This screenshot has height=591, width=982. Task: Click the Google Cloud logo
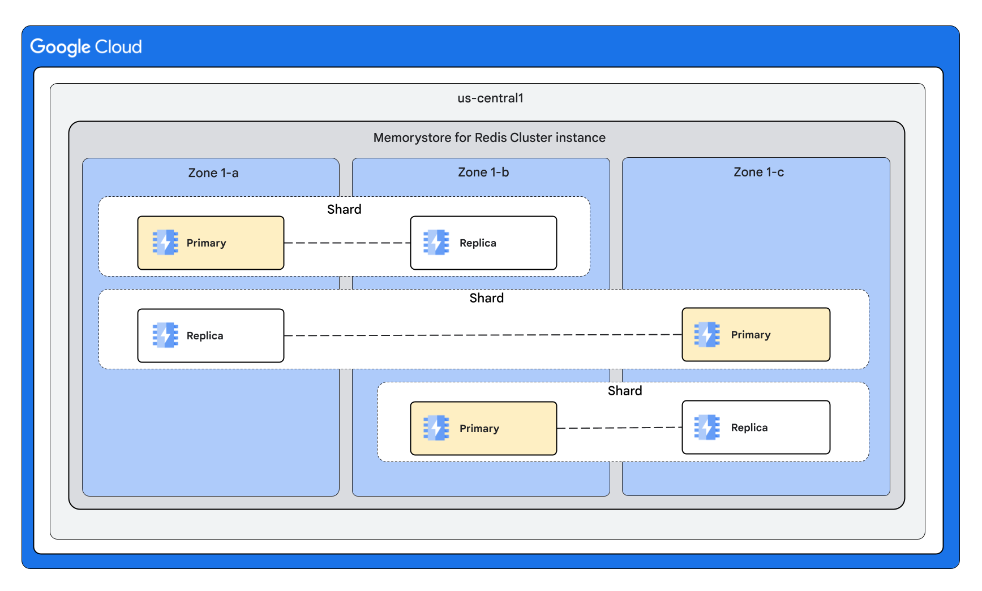pos(86,47)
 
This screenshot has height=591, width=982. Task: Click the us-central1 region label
pos(490,98)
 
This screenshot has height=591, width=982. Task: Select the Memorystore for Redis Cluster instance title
pos(489,138)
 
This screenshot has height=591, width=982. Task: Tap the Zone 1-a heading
pos(213,173)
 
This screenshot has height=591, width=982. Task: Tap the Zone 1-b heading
pos(483,172)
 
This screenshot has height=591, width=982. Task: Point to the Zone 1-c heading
pos(758,172)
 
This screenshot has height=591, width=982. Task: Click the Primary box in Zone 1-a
pos(211,243)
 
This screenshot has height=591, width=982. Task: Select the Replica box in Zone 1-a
pos(211,336)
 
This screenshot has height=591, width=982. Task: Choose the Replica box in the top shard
pos(483,243)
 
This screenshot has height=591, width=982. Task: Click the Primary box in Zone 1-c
pos(756,335)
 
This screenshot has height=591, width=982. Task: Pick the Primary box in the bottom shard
pos(483,429)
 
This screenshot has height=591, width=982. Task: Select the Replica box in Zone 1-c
pos(756,428)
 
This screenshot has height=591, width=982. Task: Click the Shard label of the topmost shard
pos(344,210)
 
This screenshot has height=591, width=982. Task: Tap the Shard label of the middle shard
pos(486,299)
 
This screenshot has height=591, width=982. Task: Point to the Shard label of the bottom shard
pos(625,391)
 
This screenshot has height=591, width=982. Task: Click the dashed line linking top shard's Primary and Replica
pos(347,243)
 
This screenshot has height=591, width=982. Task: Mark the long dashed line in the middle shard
pos(483,335)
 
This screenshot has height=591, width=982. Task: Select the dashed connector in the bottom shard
pos(619,428)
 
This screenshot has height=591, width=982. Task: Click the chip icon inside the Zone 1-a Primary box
pos(165,243)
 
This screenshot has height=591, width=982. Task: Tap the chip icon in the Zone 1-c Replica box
pos(707,428)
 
